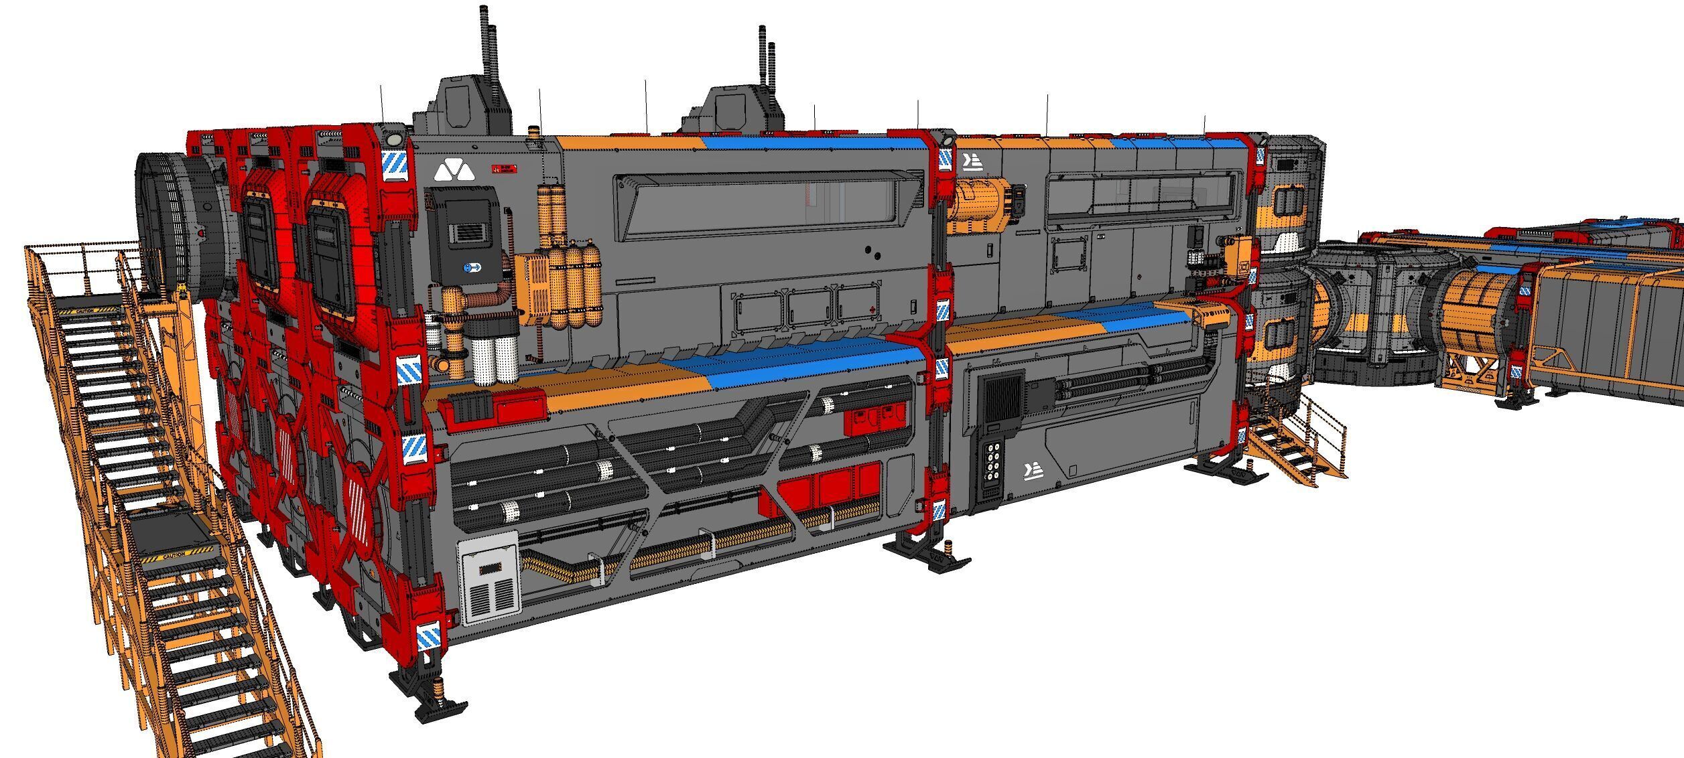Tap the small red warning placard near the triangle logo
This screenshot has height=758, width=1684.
pos(504,169)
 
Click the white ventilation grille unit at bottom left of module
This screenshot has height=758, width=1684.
pos(489,577)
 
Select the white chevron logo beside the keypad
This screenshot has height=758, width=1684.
pos(1033,471)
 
